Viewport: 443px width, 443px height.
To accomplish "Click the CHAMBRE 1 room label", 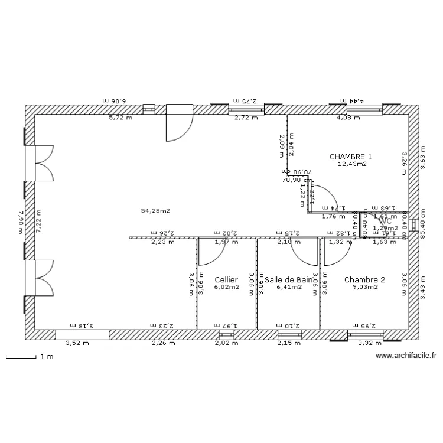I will click(351, 157).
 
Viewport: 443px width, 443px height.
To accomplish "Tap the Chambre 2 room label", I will click(364, 279).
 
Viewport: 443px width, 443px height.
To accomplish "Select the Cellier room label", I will click(226, 279).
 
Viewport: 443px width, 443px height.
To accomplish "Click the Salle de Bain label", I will click(288, 279).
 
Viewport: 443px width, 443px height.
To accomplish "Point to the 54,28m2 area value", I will click(155, 210).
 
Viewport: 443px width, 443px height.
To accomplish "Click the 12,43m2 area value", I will click(352, 164).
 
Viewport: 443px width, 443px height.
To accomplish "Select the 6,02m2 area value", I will click(226, 287).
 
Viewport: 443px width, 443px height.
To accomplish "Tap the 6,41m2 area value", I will click(289, 287).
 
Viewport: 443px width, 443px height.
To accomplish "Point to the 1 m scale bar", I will click(24, 357).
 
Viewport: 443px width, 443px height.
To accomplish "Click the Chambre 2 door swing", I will click(335, 251).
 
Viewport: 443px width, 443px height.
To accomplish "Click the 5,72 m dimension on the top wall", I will click(120, 118).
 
